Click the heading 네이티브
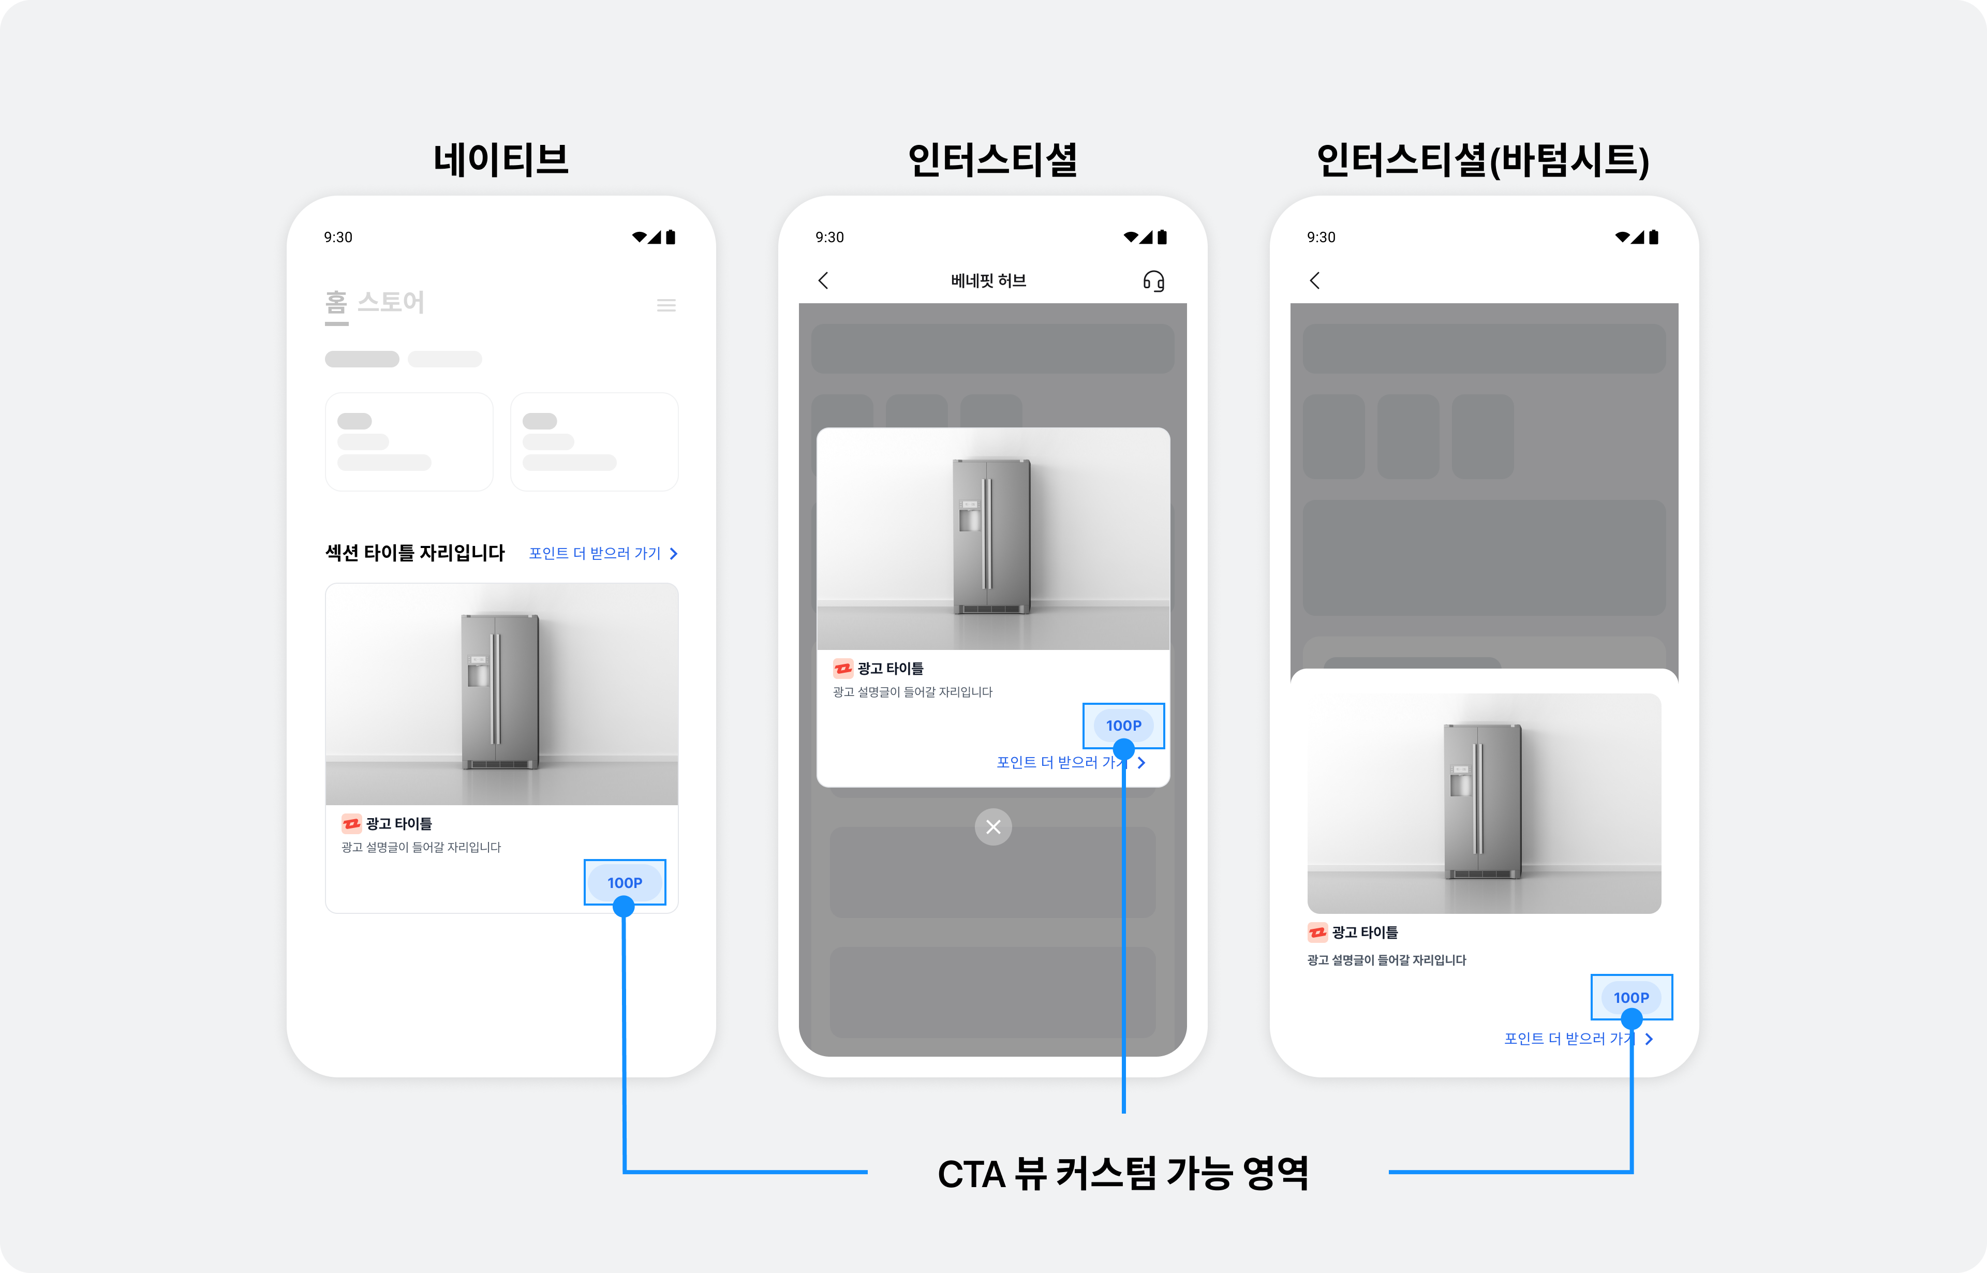[501, 159]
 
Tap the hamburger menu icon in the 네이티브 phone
[666, 305]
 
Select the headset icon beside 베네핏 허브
[1154, 281]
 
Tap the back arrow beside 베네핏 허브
[823, 280]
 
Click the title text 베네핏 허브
[988, 281]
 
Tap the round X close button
[993, 826]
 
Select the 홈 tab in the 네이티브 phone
[336, 303]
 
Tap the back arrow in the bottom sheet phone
[1315, 280]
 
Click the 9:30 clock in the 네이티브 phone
[338, 237]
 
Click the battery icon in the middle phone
[1162, 237]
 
